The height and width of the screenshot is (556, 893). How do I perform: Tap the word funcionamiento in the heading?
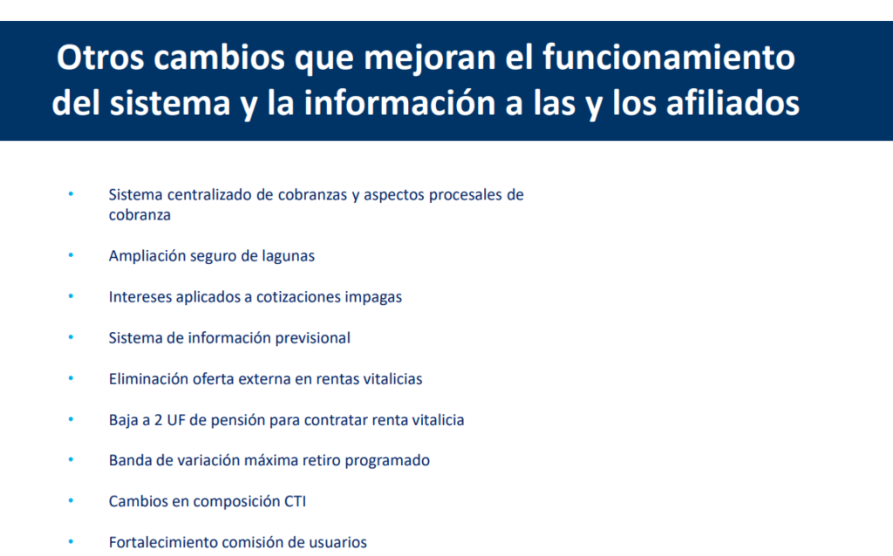(669, 58)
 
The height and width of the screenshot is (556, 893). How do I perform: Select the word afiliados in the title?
(733, 103)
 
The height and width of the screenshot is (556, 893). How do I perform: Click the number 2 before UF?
(159, 420)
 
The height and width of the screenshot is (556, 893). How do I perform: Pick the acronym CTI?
(295, 501)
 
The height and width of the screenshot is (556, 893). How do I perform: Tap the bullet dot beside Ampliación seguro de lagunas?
(71, 255)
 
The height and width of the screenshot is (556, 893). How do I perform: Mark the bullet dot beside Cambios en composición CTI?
(71, 501)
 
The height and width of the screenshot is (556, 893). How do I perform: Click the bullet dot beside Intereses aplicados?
(71, 296)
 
